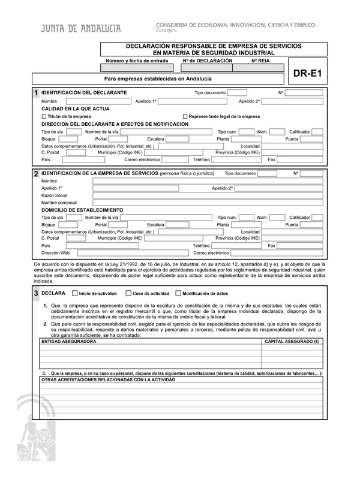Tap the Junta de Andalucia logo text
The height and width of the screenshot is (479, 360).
81,29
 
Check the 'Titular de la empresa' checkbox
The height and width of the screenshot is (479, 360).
44,116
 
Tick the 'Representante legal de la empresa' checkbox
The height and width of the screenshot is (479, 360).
185,116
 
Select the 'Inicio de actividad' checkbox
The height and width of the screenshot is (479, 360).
74,294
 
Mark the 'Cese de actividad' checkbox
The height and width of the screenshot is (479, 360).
128,294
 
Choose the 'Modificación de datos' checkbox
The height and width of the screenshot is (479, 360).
178,294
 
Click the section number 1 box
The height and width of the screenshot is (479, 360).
36,93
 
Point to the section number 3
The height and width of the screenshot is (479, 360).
36,294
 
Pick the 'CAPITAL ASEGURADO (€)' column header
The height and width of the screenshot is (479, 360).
293,341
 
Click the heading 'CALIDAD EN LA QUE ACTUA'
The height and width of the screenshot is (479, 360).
75,109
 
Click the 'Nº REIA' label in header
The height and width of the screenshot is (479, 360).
260,61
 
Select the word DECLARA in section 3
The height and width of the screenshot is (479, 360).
54,294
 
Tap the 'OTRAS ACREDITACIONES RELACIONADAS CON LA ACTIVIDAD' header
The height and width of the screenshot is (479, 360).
108,380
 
